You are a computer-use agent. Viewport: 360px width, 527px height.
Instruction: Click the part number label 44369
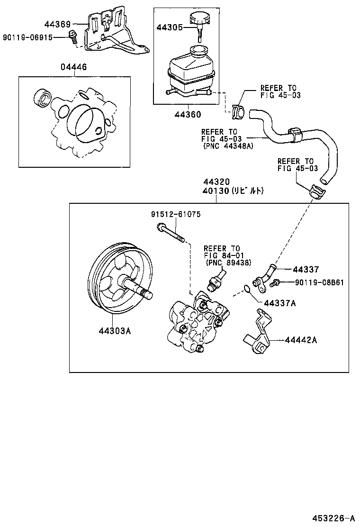tap(57, 24)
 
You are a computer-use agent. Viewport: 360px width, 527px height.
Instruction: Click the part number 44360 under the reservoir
tap(187, 114)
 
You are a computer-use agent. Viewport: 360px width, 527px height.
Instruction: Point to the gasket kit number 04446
tap(73, 67)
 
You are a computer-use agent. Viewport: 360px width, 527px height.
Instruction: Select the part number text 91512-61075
tap(176, 214)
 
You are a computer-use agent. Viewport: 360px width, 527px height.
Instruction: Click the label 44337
tap(305, 270)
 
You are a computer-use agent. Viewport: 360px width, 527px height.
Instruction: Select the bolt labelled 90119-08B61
tap(275, 283)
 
